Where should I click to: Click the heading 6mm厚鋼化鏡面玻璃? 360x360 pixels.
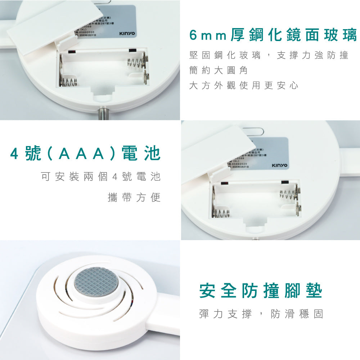point(273,36)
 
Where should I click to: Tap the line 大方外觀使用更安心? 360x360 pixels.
point(244,86)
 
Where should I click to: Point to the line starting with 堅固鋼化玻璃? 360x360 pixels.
point(269,55)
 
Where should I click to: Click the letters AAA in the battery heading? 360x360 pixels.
point(81,154)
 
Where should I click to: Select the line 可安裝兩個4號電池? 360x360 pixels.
point(100,177)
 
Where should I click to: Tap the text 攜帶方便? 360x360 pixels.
point(134,197)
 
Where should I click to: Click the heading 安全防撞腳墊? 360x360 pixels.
point(261,291)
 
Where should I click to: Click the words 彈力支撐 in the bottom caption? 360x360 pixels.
point(225,314)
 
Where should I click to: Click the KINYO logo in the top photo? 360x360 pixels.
point(127,33)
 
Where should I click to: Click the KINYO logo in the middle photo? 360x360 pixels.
point(279,165)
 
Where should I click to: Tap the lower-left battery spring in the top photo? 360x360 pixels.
point(68,82)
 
